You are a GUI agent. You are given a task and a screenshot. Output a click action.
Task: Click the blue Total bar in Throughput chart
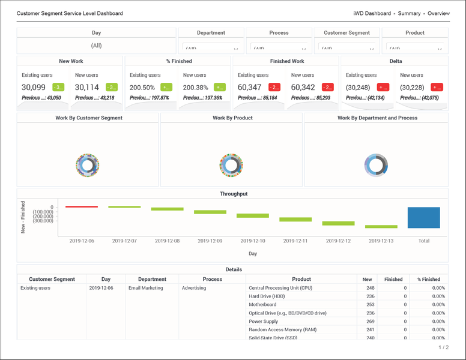pos(423,218)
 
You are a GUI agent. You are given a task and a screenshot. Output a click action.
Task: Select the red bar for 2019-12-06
pos(82,206)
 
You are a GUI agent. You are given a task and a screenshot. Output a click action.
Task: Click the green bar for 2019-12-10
pos(252,215)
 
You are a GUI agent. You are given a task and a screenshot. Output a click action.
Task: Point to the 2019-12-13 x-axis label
pos(381,241)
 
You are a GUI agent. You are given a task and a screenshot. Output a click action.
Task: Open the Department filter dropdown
pos(211,49)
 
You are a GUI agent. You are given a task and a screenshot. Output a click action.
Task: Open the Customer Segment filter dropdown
pos(347,49)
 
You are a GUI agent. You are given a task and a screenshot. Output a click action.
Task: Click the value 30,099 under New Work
pos(34,88)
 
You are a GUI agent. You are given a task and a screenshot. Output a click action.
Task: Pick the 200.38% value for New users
pos(196,88)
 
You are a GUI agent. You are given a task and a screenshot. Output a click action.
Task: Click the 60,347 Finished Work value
pos(250,88)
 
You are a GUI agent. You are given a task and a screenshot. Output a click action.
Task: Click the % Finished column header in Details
pos(428,279)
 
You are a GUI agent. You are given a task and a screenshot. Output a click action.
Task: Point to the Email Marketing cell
pos(145,288)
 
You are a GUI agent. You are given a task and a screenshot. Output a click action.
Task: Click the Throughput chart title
pos(233,194)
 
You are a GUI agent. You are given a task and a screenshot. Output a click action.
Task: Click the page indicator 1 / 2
pos(443,347)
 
